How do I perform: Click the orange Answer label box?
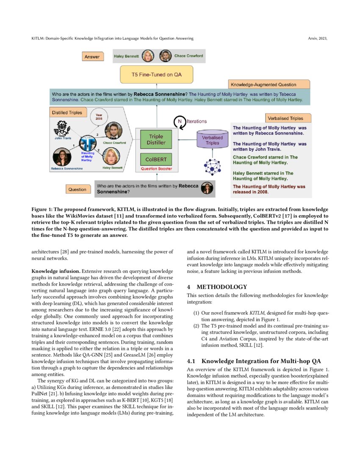click(92, 57)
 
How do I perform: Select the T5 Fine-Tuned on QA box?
click(157, 75)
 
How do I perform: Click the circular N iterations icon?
click(180, 122)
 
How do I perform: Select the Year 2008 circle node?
click(99, 117)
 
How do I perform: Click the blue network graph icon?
click(212, 167)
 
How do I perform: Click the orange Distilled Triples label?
click(66, 113)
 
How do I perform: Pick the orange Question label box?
click(78, 189)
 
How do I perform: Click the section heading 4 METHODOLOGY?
click(217, 287)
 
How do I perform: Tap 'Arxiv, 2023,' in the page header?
click(317, 39)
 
